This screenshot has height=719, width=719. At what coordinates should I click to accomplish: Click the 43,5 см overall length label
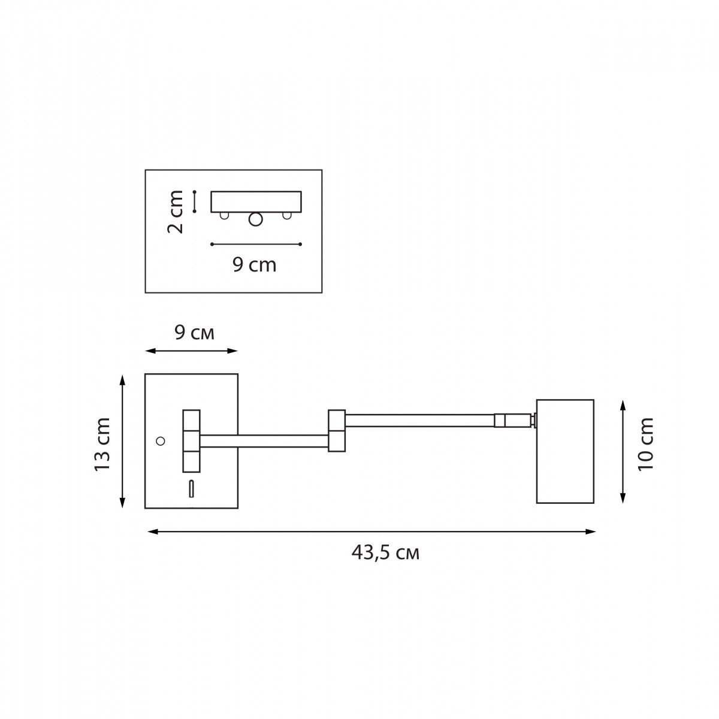[x=385, y=554]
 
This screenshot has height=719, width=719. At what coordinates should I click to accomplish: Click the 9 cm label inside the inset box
[x=255, y=265]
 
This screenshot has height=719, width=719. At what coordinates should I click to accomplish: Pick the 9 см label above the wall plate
[x=194, y=334]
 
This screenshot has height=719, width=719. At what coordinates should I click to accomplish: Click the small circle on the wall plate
[x=161, y=441]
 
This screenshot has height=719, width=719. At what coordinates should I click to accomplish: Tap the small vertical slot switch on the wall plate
[x=191, y=489]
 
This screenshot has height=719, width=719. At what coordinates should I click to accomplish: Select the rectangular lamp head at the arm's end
[x=565, y=452]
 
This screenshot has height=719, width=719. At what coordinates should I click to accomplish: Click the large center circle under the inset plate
[x=256, y=219]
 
